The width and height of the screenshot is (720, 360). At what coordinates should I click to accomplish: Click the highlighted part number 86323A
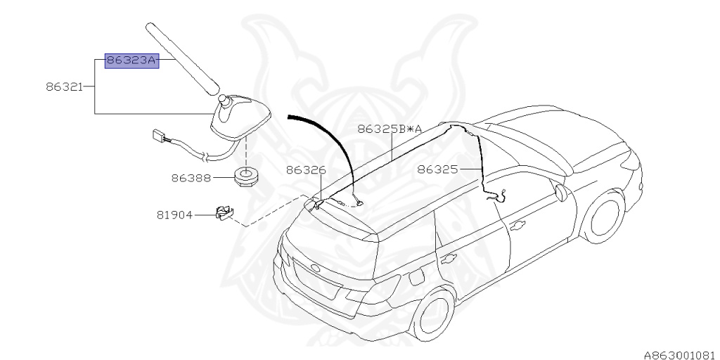coord(131,60)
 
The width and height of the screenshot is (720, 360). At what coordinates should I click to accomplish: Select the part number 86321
coord(64,86)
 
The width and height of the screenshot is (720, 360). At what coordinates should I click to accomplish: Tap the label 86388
coord(191,178)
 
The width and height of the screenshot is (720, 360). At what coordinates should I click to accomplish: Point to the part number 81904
coord(174,214)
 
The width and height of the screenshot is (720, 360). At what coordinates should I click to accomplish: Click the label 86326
coord(306,170)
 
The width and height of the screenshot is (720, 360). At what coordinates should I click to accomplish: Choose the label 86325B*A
coord(390,129)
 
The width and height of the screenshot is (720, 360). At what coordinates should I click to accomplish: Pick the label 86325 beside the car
coord(437,170)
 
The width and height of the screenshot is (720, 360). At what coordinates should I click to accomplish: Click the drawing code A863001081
coord(681,354)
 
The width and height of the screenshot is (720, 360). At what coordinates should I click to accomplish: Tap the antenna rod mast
coord(182,59)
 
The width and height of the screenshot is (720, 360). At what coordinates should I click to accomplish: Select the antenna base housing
coord(240,117)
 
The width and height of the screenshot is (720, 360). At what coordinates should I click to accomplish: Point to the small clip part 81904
coord(224,213)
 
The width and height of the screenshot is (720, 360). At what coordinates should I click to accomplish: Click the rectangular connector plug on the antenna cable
coord(158,136)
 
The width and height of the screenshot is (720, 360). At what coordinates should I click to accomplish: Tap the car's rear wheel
coord(432,314)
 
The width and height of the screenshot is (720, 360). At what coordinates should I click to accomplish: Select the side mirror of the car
coord(560,193)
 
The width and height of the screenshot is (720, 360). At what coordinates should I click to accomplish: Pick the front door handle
coord(517,226)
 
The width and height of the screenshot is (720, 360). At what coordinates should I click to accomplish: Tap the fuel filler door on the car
coord(417,276)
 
